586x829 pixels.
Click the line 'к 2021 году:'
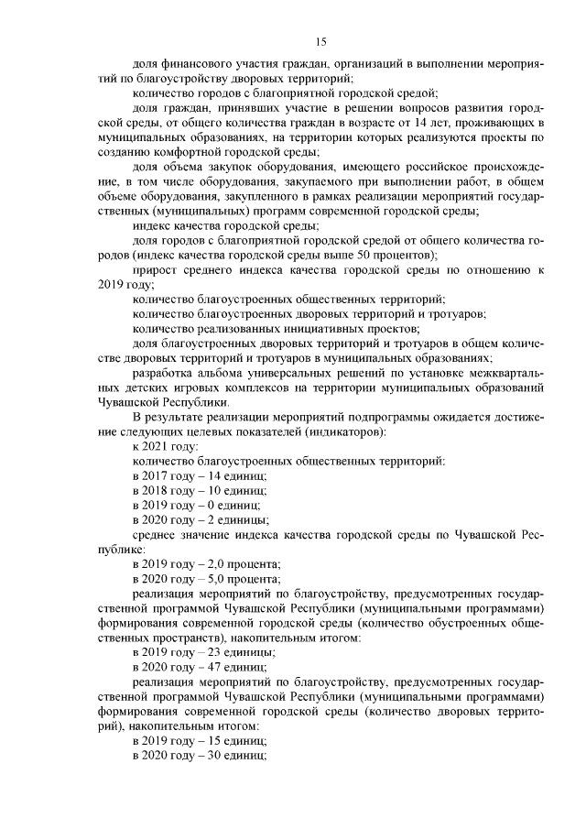tap(165, 446)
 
